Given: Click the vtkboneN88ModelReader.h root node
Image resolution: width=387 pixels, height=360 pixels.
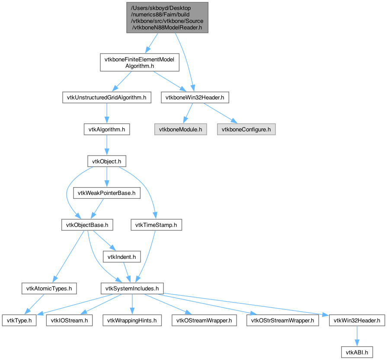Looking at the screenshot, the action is [x=167, y=18].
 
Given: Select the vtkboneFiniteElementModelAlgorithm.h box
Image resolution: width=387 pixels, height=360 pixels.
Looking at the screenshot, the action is [x=140, y=62].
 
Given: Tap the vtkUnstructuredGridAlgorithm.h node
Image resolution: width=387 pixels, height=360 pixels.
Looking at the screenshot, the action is [x=107, y=98].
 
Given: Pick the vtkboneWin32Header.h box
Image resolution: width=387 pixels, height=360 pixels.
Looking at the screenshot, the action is [x=195, y=98].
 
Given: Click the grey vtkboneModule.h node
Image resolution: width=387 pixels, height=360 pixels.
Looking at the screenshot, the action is [x=181, y=129].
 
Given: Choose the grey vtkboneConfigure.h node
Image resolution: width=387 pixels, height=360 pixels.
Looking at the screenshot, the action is [x=246, y=129].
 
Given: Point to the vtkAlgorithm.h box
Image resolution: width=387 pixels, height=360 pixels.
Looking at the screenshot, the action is [x=107, y=129].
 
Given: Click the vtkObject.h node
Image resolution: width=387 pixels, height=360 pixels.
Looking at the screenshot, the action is [x=107, y=161].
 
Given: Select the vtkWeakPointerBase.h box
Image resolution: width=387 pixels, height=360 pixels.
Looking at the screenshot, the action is [x=107, y=193].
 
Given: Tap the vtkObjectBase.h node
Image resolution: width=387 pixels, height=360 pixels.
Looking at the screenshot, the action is [x=87, y=225].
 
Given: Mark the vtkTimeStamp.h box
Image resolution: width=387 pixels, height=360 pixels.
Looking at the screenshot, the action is [x=157, y=225].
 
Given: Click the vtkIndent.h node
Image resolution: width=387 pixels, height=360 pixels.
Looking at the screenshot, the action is [x=122, y=257].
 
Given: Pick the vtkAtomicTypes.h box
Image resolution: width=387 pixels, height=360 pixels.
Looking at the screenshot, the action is [x=49, y=288].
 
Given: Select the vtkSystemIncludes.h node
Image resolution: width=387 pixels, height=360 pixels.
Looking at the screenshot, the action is [x=132, y=288].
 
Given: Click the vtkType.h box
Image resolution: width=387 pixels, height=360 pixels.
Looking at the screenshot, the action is [x=19, y=320].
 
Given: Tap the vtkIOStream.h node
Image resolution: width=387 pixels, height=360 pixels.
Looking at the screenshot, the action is [x=69, y=320].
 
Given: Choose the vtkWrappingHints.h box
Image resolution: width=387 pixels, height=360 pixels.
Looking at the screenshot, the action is [x=132, y=320].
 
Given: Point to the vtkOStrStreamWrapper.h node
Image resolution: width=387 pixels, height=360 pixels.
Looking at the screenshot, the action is [x=283, y=320].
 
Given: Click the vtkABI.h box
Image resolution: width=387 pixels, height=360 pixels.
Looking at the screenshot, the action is [x=357, y=352].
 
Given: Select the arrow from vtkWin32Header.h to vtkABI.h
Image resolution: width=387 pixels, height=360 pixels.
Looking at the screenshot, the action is [x=357, y=336].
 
